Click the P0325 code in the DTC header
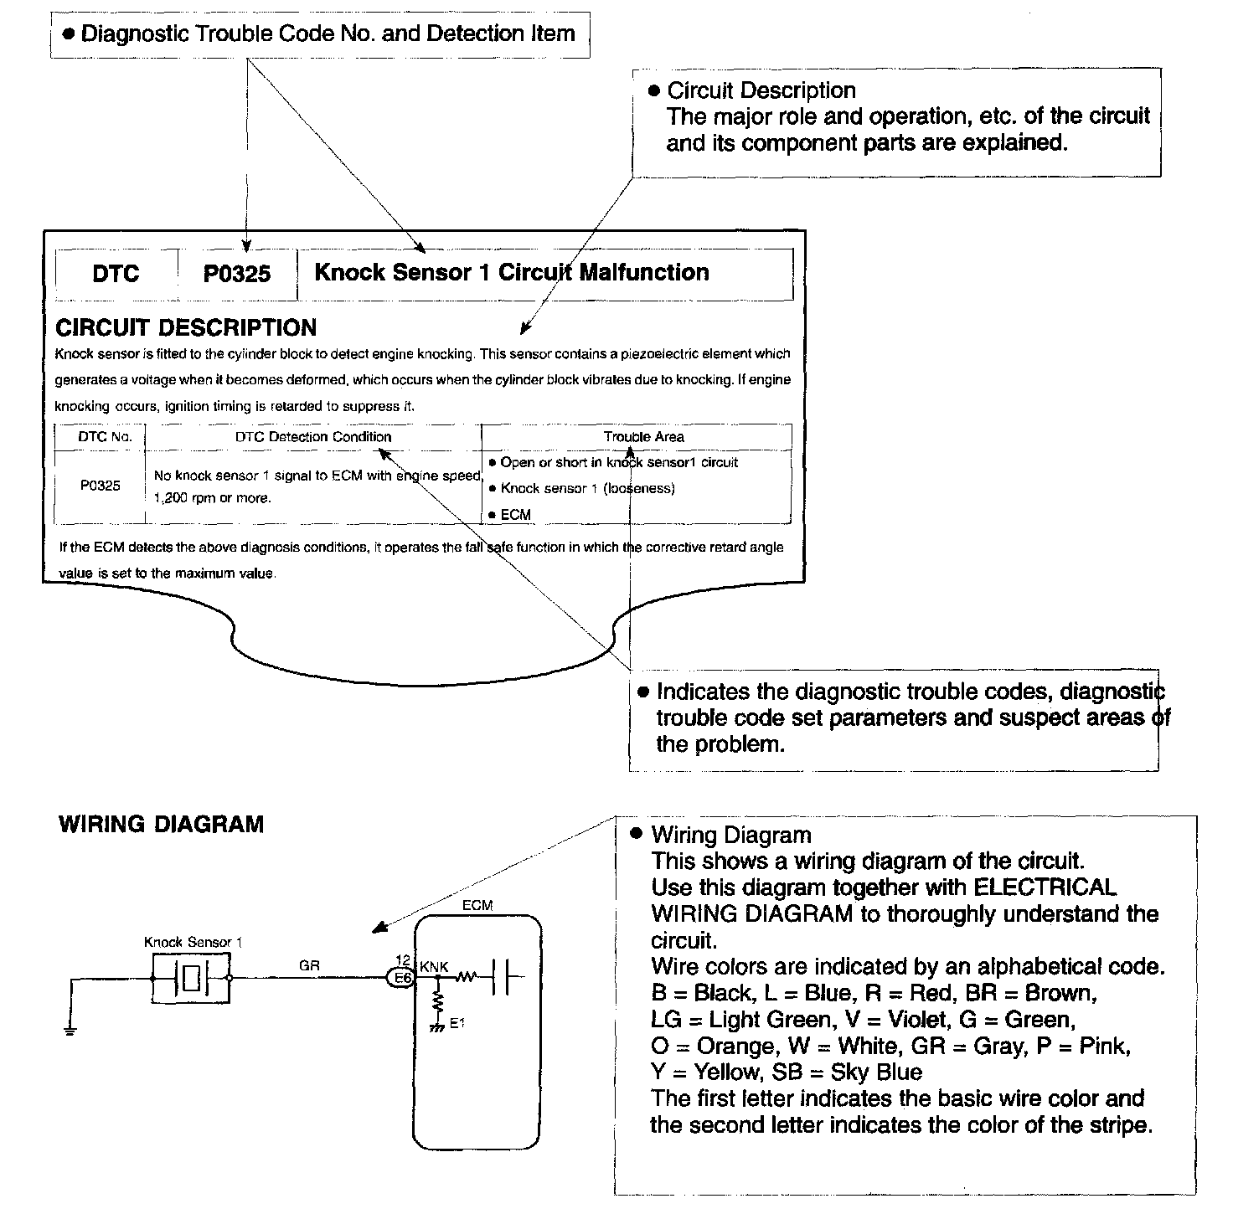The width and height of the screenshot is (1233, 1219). pyautogui.click(x=237, y=275)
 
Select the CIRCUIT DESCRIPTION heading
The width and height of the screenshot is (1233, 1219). pyautogui.click(x=186, y=327)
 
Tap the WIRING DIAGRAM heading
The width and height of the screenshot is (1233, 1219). pyautogui.click(x=161, y=825)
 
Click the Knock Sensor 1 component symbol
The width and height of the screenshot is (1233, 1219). pyautogui.click(x=191, y=977)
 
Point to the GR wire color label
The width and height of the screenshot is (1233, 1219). pyautogui.click(x=309, y=965)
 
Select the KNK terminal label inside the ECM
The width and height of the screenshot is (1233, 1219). pyautogui.click(x=434, y=967)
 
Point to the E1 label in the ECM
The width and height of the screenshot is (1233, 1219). pyautogui.click(x=457, y=1022)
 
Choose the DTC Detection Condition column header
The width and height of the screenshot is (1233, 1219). pyautogui.click(x=312, y=437)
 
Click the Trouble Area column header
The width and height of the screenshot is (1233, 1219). pyautogui.click(x=643, y=437)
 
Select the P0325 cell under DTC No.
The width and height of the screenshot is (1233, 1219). pyautogui.click(x=100, y=486)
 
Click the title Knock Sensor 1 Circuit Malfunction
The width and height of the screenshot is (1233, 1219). pyautogui.click(x=511, y=273)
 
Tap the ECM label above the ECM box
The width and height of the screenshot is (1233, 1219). pyautogui.click(x=477, y=905)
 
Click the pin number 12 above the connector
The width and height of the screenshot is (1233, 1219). pyautogui.click(x=402, y=960)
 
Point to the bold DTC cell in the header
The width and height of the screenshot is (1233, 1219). pyautogui.click(x=116, y=275)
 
